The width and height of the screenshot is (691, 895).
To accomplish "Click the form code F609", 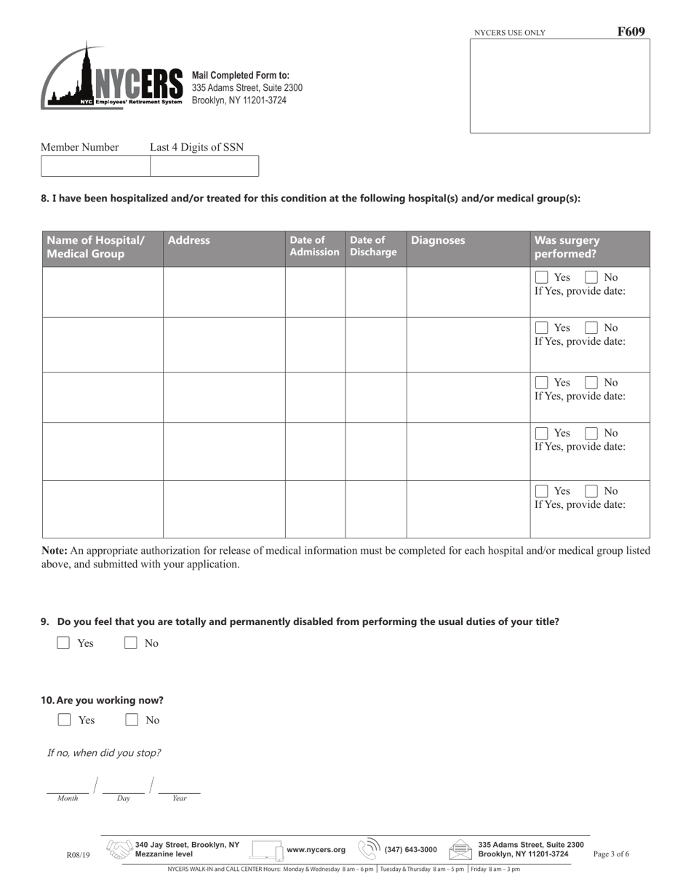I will (x=631, y=31).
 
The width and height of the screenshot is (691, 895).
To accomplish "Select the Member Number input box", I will (x=95, y=166).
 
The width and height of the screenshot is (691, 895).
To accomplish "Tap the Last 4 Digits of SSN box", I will (x=204, y=166).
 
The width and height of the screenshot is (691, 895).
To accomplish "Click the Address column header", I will (x=188, y=240).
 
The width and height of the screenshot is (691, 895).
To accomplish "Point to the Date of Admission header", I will (x=314, y=246).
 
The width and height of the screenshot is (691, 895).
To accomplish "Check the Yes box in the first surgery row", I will (x=542, y=277).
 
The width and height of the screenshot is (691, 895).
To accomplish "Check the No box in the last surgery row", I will (x=592, y=490).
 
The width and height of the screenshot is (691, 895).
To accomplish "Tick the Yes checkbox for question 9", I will (x=63, y=643).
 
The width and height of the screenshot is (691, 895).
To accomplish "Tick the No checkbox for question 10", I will (x=132, y=720).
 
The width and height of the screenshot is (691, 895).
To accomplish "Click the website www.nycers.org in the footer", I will (x=316, y=849).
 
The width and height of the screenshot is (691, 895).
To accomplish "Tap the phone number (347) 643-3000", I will (x=411, y=849).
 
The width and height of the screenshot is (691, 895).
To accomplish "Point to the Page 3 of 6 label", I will (x=611, y=854).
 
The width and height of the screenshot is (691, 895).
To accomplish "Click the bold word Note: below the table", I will (x=55, y=551).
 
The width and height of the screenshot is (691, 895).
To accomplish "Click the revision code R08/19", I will (x=78, y=855).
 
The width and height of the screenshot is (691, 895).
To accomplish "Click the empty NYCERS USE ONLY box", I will (x=559, y=86).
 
